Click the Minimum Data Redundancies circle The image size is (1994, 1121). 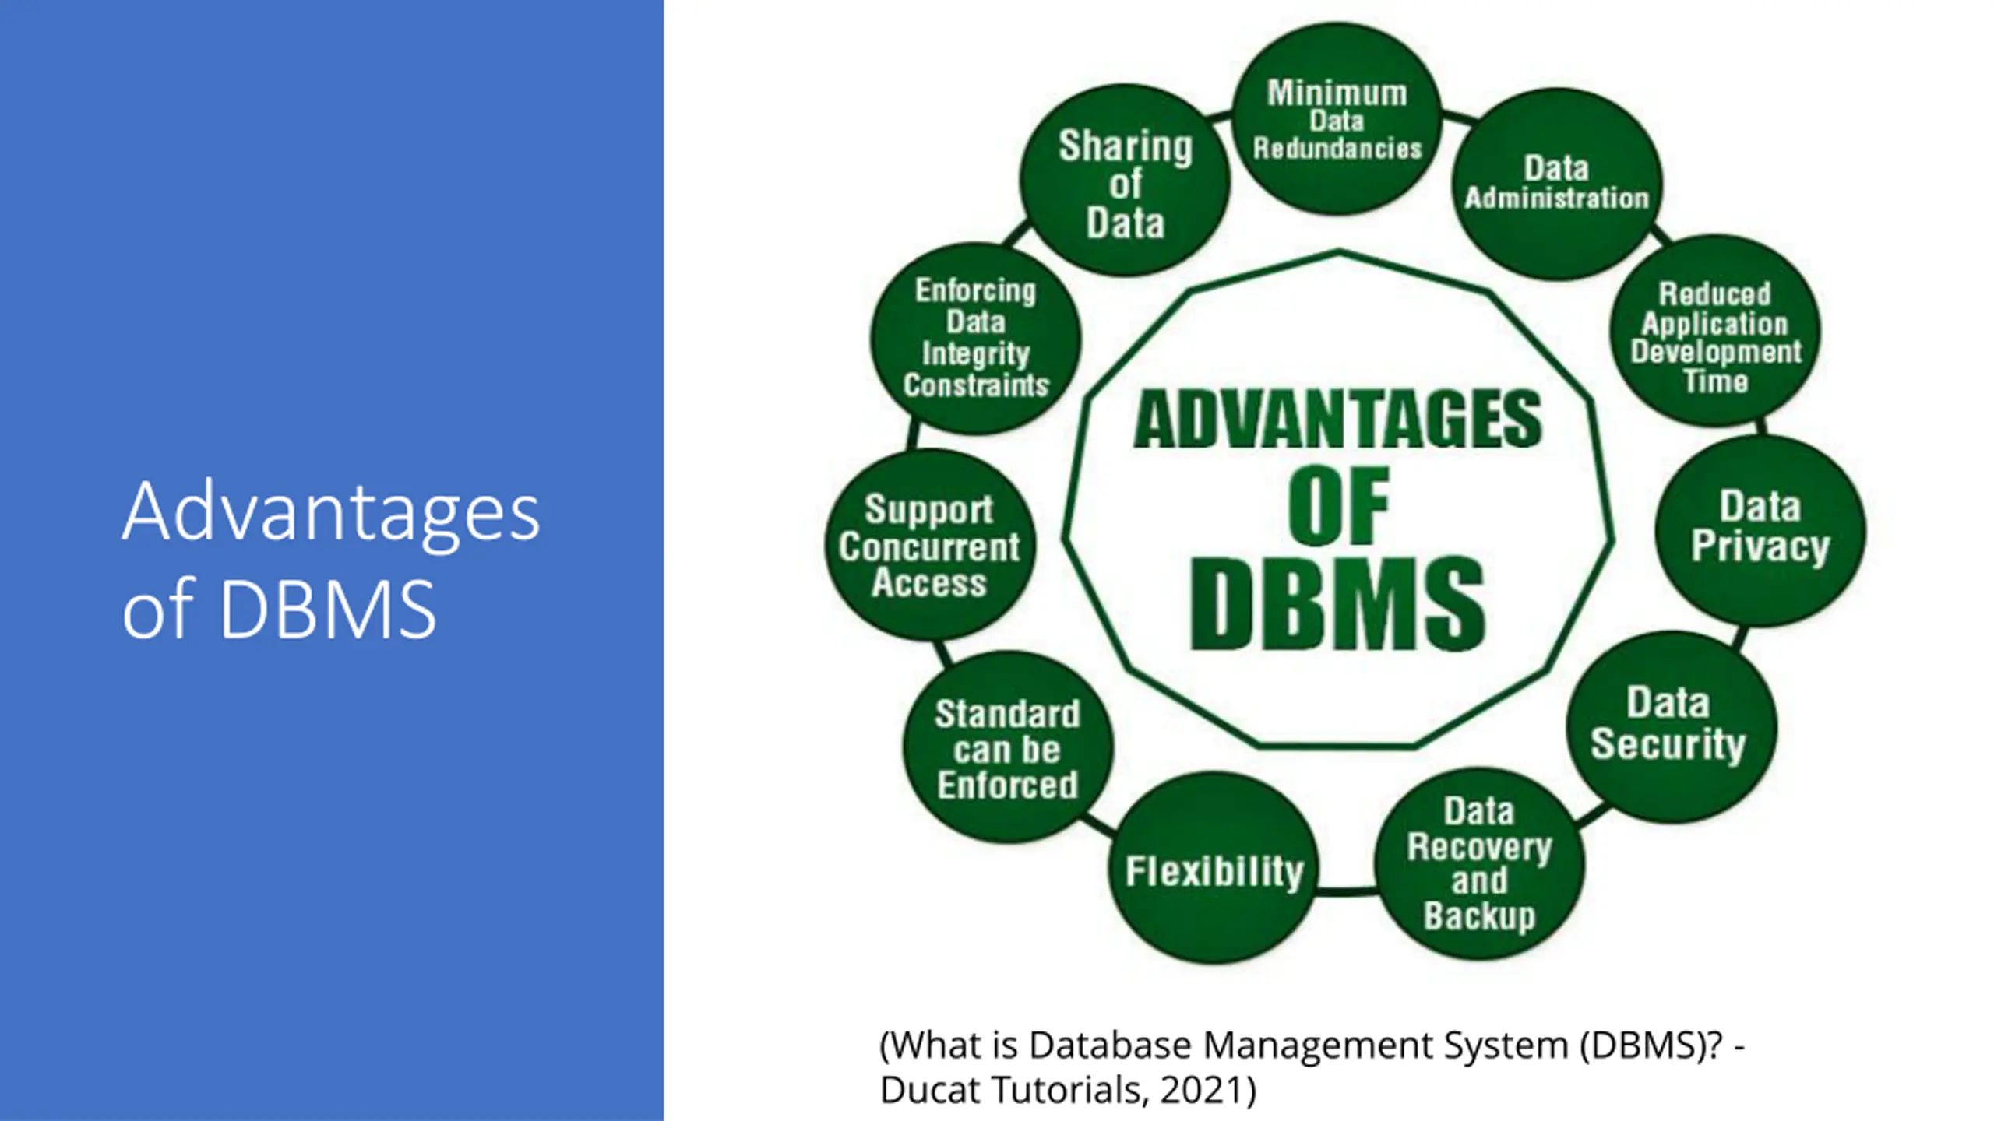(x=1337, y=119)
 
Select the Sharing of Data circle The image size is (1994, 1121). (x=1125, y=181)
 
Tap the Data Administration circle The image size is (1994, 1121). (x=1556, y=184)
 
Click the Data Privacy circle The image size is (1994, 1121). (x=1760, y=529)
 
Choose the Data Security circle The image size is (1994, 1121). (x=1671, y=726)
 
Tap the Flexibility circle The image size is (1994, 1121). (x=1214, y=870)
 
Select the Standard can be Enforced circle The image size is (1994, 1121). (x=1008, y=748)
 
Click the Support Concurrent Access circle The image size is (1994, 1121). (x=929, y=546)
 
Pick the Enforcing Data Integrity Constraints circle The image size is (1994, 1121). (x=975, y=338)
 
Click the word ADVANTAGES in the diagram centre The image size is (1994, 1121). (x=1337, y=420)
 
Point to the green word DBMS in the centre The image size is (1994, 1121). (x=1337, y=604)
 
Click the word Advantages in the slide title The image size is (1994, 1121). (x=331, y=512)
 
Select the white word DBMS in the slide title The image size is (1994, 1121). (x=327, y=609)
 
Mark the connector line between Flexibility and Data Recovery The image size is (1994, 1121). (x=1346, y=890)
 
